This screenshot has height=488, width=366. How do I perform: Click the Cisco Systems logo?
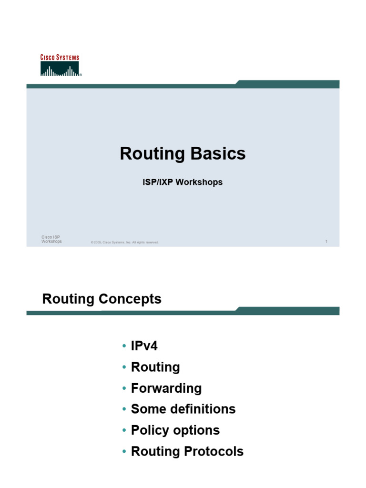[60, 66]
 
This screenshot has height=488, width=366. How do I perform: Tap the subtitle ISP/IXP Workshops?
[183, 182]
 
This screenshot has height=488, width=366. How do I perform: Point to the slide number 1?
[326, 242]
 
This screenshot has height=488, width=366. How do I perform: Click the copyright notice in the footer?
[124, 243]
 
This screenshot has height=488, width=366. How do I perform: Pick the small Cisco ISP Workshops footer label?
[51, 239]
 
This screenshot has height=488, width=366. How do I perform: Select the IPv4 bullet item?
[144, 346]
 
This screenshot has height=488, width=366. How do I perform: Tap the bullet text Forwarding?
[166, 388]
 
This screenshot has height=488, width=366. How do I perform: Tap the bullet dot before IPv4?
[124, 346]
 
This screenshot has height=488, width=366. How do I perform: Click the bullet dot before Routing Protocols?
[124, 451]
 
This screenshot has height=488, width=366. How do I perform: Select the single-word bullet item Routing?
[155, 367]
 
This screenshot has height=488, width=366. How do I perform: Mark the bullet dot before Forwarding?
[124, 388]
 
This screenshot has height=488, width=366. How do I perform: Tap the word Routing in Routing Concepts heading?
[69, 299]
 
